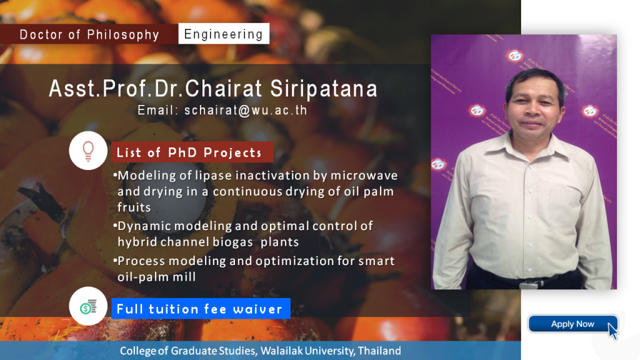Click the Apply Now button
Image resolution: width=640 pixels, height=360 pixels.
(x=572, y=324)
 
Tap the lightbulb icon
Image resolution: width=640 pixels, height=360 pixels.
(x=88, y=151)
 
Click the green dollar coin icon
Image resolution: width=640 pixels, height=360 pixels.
(x=85, y=309)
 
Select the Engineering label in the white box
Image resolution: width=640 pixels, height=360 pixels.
(x=224, y=34)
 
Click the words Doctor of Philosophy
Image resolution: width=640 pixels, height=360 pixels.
(x=89, y=35)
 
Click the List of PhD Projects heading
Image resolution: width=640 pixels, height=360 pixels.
(x=189, y=152)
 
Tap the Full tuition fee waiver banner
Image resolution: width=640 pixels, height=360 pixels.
(x=201, y=309)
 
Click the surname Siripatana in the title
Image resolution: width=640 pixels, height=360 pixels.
(x=324, y=89)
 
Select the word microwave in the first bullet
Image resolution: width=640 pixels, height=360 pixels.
(x=364, y=176)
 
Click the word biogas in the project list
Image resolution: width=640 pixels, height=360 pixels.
(x=227, y=242)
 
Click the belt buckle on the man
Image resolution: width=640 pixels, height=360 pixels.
(x=524, y=284)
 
